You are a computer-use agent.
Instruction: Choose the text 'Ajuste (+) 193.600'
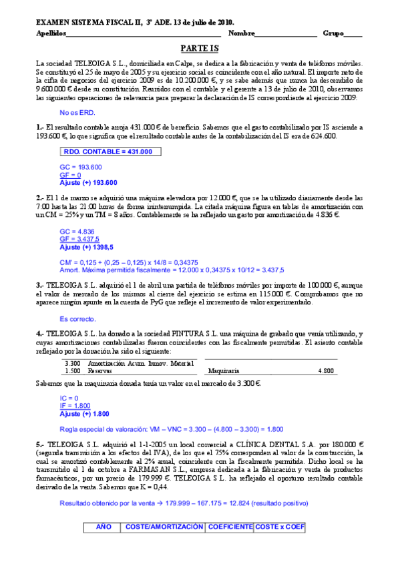click(x=88, y=182)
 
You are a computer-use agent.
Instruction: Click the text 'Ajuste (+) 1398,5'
click(x=87, y=246)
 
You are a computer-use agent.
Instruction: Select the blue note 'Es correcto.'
click(x=78, y=318)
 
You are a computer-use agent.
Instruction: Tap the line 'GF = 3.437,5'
click(x=79, y=238)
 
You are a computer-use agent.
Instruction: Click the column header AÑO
click(x=104, y=527)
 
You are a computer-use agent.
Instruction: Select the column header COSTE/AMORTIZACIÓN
click(x=164, y=527)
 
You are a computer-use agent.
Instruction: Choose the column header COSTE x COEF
click(x=279, y=527)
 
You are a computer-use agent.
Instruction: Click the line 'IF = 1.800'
click(x=75, y=406)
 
